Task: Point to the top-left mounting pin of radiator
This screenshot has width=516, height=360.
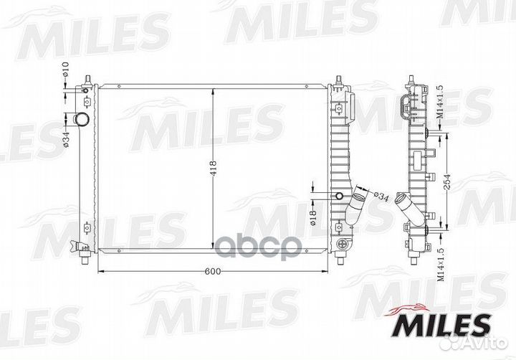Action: coord(87,77)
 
